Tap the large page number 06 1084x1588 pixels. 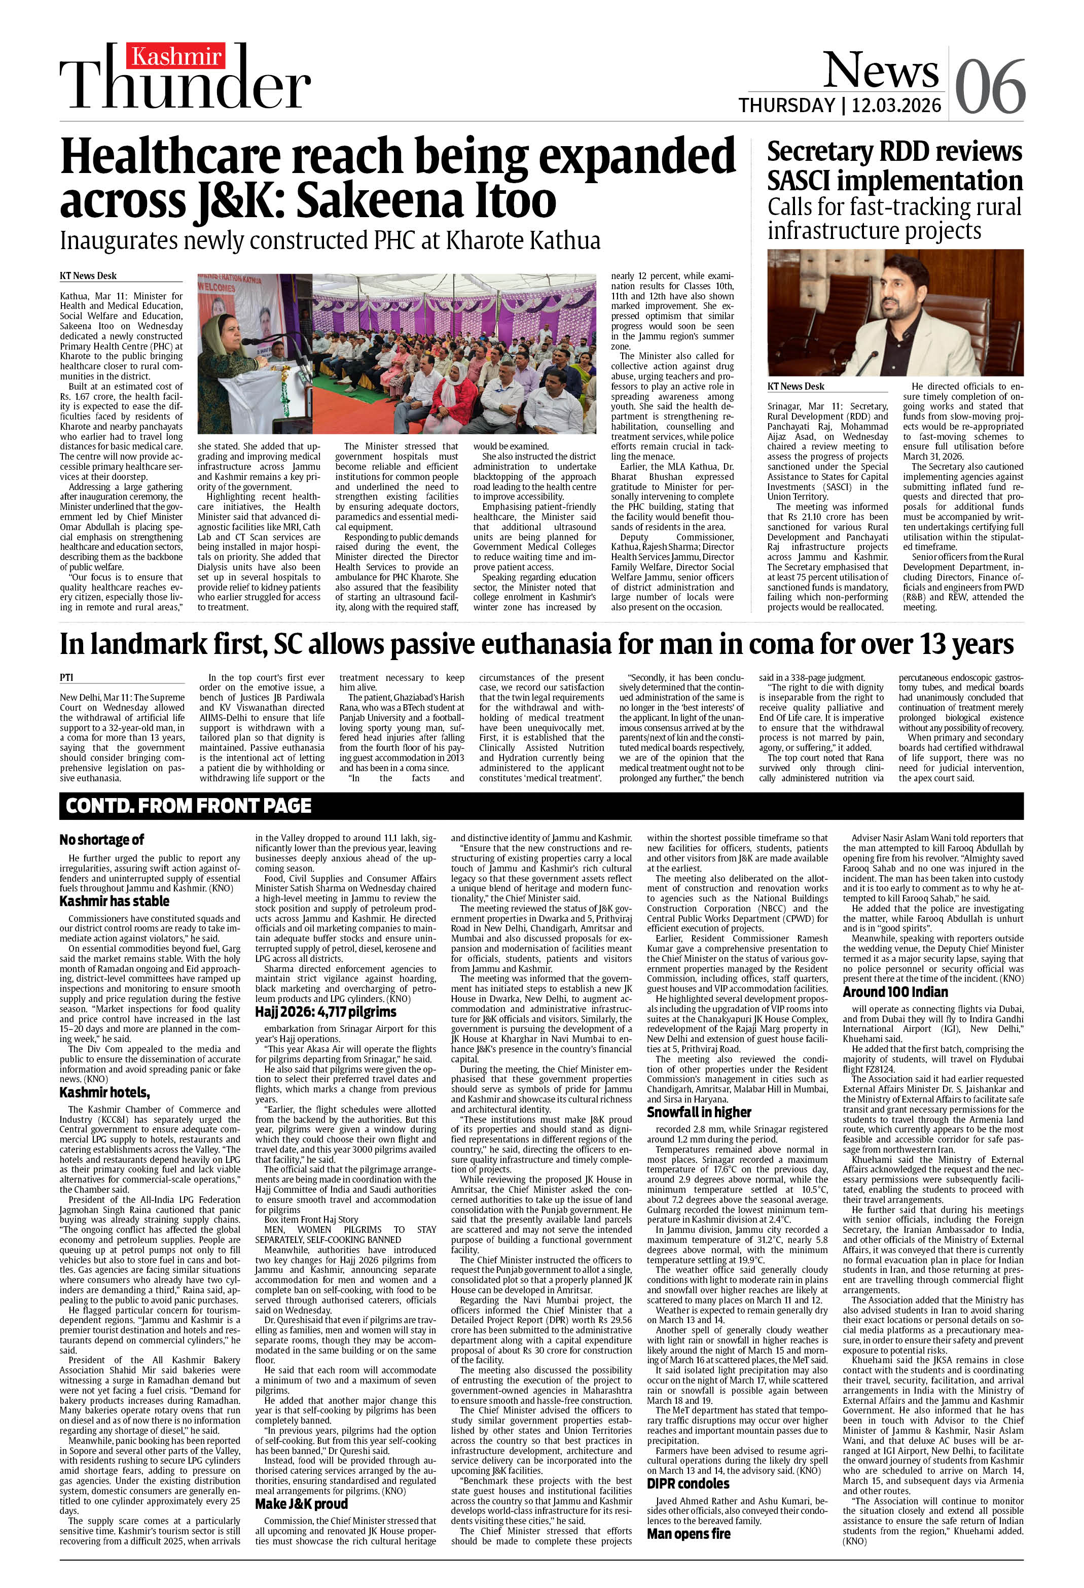[x=990, y=87]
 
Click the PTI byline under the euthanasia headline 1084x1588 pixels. [x=66, y=677]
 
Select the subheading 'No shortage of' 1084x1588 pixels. [x=101, y=839]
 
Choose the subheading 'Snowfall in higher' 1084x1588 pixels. [x=699, y=1112]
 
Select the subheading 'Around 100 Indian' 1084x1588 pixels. [x=895, y=991]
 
